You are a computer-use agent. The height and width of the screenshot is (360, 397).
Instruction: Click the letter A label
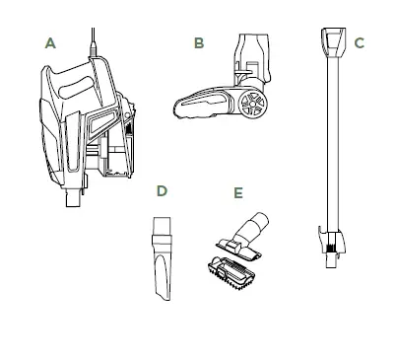50,43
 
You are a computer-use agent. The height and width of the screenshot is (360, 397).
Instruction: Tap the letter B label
199,42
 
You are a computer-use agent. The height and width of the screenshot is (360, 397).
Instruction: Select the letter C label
360,43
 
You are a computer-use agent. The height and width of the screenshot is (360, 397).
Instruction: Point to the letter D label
162,190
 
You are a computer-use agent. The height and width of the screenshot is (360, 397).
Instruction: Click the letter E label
238,192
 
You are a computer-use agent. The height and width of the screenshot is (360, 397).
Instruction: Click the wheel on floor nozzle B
253,104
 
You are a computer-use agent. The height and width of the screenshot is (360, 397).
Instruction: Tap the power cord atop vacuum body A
93,42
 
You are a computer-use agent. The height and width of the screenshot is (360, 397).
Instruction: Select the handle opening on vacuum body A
76,87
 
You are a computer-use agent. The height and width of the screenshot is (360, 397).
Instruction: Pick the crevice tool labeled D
162,258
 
